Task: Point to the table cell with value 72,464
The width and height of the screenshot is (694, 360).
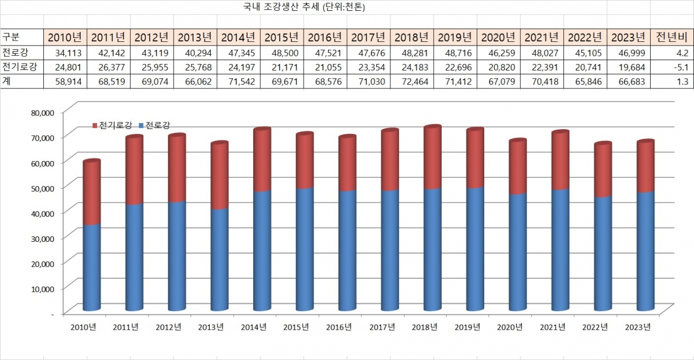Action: [412, 81]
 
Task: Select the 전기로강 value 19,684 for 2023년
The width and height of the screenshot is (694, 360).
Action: [628, 67]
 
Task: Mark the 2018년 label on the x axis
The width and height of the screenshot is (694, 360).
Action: [425, 327]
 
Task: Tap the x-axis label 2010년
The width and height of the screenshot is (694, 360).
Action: [83, 327]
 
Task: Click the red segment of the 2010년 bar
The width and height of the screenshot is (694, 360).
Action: [92, 192]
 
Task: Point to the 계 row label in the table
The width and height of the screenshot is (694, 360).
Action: [7, 81]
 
